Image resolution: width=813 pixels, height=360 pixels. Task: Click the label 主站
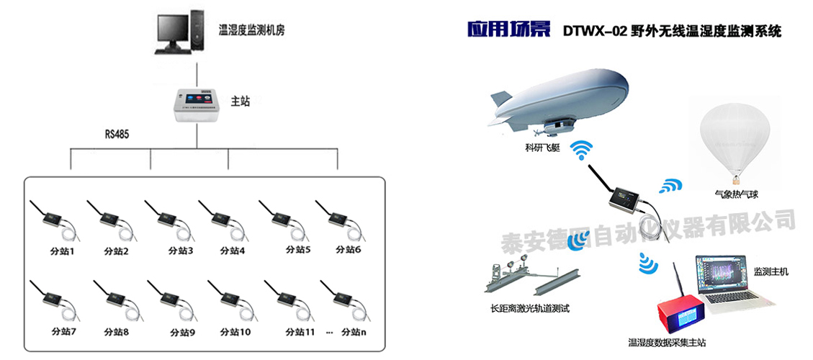tap(240, 102)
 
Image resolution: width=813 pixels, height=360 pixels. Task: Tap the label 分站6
tap(348, 250)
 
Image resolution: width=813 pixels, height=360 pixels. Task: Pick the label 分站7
tap(63, 332)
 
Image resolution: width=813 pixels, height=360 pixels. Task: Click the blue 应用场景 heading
tap(508, 30)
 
